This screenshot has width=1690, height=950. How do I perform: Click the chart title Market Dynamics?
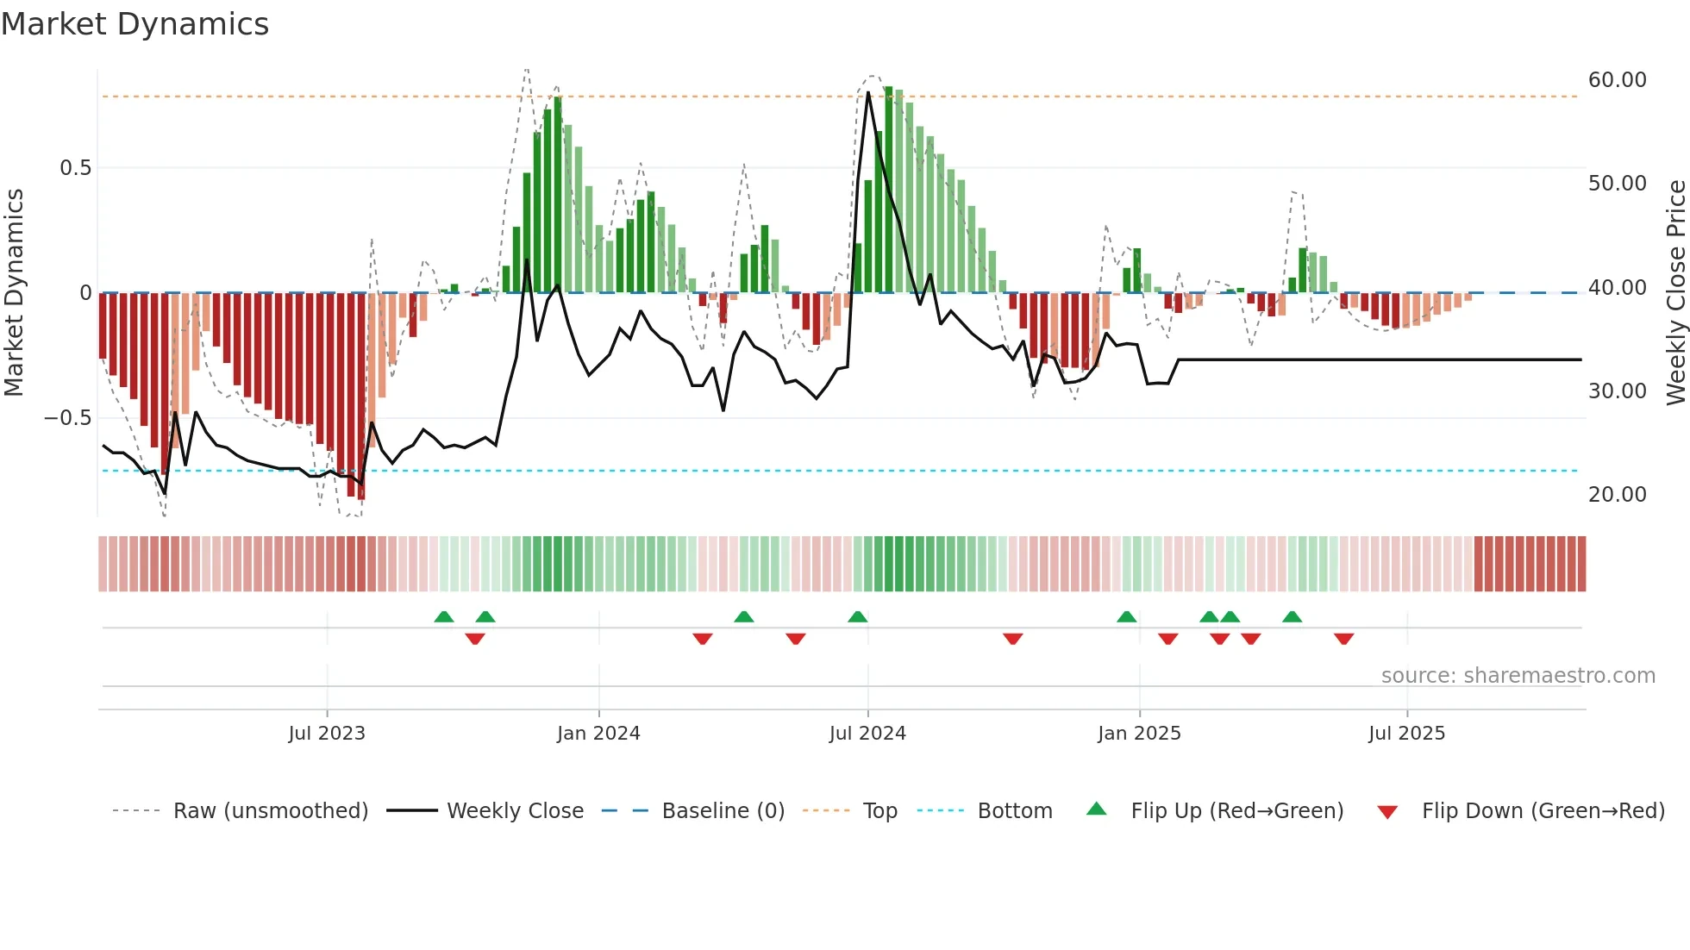click(135, 24)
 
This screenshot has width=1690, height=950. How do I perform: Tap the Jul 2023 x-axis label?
click(327, 734)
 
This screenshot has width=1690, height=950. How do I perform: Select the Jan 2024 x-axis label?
click(598, 734)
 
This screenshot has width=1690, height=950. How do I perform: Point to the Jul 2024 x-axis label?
click(867, 734)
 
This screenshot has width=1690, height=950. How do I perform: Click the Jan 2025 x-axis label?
click(1139, 734)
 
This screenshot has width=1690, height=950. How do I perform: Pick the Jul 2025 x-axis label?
click(1406, 734)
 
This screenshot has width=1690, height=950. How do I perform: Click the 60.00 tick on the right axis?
click(1617, 80)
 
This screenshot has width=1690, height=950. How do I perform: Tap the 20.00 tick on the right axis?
click(1617, 495)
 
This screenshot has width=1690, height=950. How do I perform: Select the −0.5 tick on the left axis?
click(68, 418)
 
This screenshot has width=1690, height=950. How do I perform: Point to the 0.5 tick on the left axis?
click(76, 168)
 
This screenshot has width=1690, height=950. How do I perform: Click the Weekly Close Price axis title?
click(1675, 292)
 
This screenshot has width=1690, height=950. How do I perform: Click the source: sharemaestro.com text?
click(1518, 676)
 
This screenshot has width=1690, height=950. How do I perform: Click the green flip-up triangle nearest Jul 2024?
click(857, 617)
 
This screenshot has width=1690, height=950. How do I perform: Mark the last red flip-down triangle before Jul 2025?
click(1343, 639)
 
